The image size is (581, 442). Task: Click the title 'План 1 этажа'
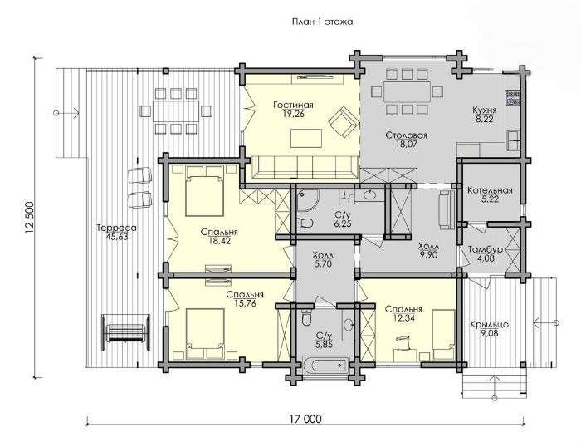click(322, 22)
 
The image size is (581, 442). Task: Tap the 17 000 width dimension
click(305, 420)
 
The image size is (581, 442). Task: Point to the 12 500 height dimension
click(29, 218)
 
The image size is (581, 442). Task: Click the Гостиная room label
click(294, 106)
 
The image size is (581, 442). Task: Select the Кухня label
click(484, 110)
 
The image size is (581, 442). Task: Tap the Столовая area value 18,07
click(406, 144)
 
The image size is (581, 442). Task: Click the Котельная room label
click(490, 190)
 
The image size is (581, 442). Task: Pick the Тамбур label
click(486, 249)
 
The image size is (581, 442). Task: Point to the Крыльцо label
click(489, 325)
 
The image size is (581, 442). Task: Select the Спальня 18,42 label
click(219, 232)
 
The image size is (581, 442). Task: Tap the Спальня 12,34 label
click(403, 309)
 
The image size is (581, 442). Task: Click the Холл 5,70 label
click(323, 256)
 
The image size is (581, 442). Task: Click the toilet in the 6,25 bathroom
click(305, 223)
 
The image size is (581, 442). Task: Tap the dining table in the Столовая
click(407, 92)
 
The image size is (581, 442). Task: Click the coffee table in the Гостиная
click(305, 138)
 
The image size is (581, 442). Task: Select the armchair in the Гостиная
click(344, 122)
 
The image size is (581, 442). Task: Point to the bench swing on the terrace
click(126, 332)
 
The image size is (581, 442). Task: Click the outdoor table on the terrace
click(176, 110)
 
